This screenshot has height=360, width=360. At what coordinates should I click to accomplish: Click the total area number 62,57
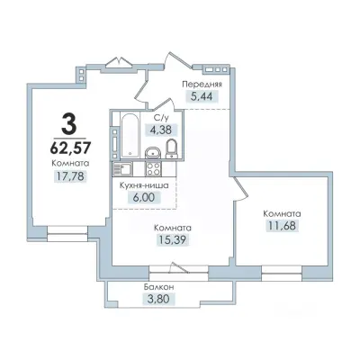pos(70,147)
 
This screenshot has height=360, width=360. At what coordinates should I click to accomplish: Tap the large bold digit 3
pos(68,123)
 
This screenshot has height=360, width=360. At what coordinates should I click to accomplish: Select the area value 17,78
pos(70,176)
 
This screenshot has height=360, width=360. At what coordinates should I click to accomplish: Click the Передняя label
pos(202,85)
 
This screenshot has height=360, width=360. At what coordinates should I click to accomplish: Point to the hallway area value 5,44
pos(202,97)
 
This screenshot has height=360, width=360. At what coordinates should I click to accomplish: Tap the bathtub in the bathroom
pos(130,135)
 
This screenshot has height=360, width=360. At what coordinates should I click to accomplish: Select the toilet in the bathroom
pos(172,148)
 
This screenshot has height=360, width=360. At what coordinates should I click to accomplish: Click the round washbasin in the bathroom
pos(153,153)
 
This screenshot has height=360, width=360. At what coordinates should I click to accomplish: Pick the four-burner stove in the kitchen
pos(154,168)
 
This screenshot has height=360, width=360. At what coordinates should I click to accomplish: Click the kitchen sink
pos(122,168)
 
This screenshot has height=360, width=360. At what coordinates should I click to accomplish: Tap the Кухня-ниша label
pos(144,185)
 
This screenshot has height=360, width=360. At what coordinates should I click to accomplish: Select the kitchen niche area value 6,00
pos(144,198)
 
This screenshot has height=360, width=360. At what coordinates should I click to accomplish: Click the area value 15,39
pos(173,239)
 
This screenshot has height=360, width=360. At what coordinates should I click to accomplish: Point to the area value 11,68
pos(282,226)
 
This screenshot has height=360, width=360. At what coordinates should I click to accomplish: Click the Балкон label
pos(158,287)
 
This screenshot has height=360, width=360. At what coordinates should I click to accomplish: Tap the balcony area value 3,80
pos(158,299)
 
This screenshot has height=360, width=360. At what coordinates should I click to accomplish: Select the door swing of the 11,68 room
pos(242,188)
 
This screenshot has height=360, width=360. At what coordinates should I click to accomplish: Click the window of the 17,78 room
pos(67,234)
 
